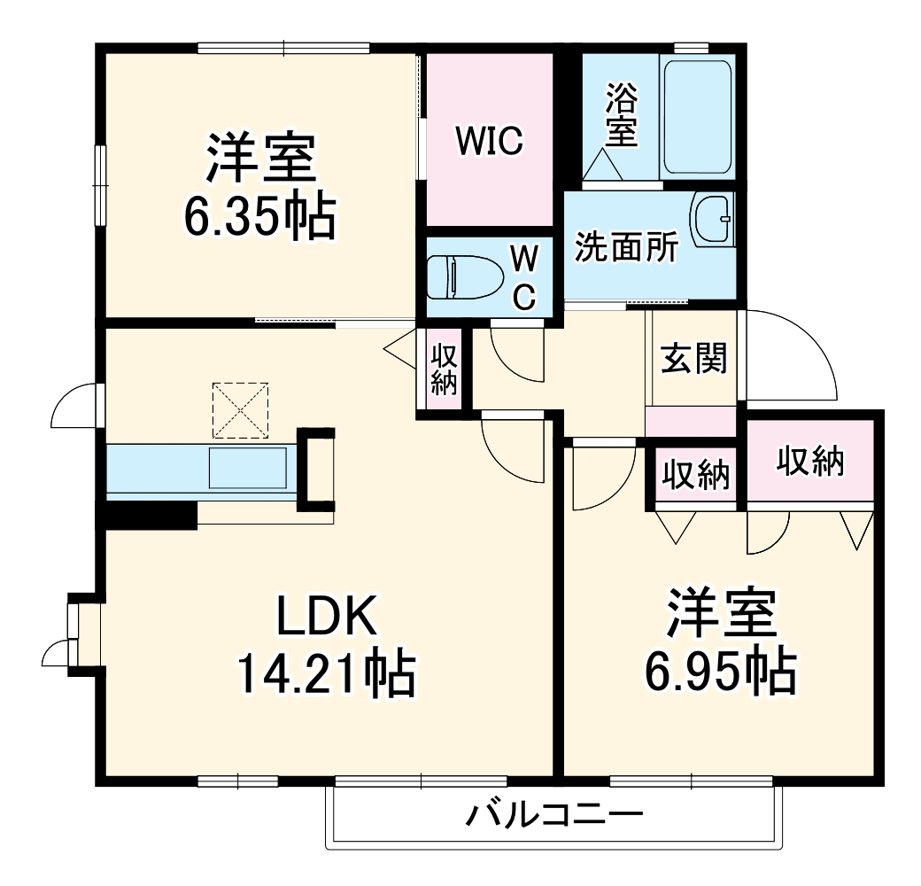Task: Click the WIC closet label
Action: (x=490, y=140)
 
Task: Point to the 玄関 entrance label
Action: (x=694, y=358)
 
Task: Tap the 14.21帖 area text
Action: (x=326, y=675)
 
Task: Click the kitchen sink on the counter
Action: (x=247, y=468)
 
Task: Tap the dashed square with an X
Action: (x=240, y=410)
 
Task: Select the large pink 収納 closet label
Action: (x=810, y=460)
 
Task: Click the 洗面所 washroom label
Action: (x=626, y=249)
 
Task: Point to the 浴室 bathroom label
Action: (x=622, y=115)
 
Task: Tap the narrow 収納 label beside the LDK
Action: (x=444, y=369)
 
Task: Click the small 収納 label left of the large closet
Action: (x=697, y=475)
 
